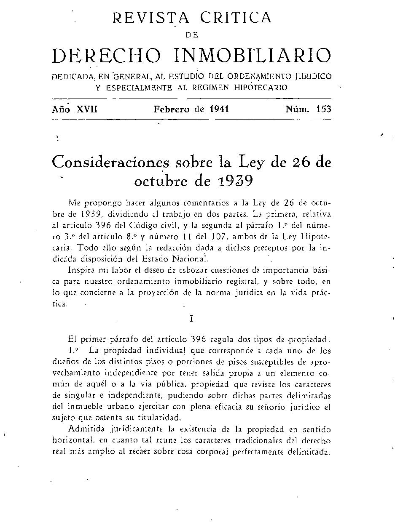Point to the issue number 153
(323, 109)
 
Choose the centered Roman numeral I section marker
(191, 319)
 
